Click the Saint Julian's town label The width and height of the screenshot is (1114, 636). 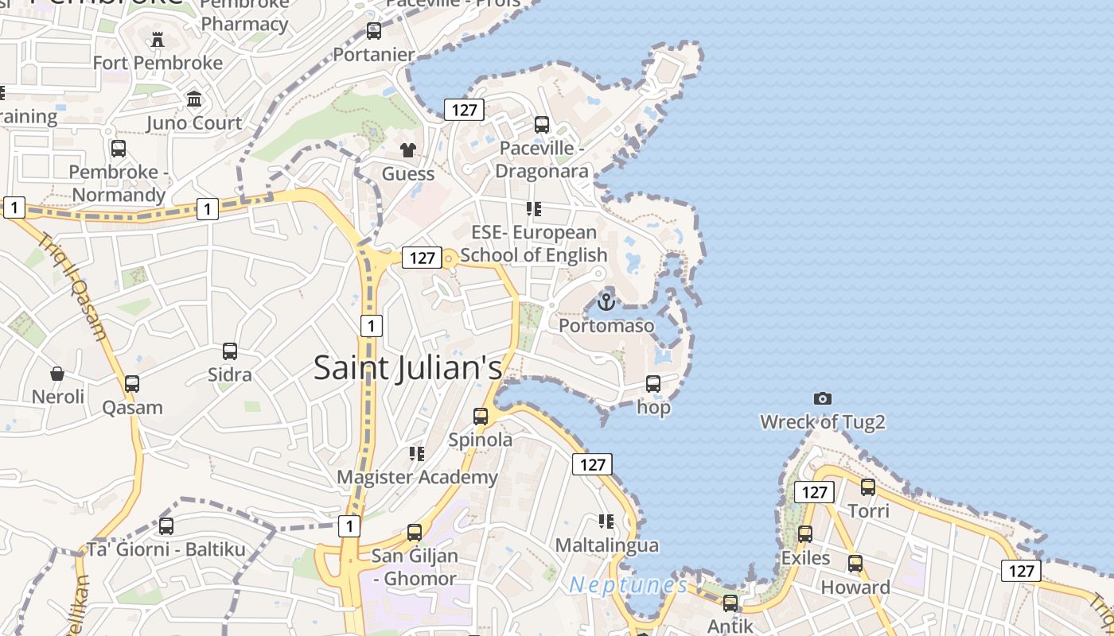[x=407, y=368]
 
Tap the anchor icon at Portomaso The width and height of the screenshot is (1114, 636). [x=606, y=302]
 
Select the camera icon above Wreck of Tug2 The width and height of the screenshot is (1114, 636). [x=823, y=398]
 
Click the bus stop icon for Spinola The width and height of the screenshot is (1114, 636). [x=481, y=416]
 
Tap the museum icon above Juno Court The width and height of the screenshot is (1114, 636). [x=194, y=99]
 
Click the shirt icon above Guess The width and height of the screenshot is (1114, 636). [x=408, y=149]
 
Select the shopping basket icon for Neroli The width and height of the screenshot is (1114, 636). [x=57, y=373]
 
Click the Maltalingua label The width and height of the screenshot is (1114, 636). [x=607, y=545]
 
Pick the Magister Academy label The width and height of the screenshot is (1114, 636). [x=417, y=477]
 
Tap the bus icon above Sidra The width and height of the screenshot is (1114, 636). [x=230, y=351]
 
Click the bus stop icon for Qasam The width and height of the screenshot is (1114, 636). [x=132, y=384]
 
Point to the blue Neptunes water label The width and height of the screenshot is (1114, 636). [x=629, y=586]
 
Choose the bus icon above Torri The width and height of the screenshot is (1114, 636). [x=868, y=487]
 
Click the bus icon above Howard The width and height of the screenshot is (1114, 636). [x=855, y=564]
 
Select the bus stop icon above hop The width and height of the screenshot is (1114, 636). [x=653, y=384]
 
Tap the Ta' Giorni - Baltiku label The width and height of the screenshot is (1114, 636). [x=166, y=549]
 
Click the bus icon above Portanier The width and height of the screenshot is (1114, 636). [x=374, y=31]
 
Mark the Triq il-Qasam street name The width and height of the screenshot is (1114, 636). [x=72, y=286]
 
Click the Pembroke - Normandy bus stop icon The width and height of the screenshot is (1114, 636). [x=119, y=149]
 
